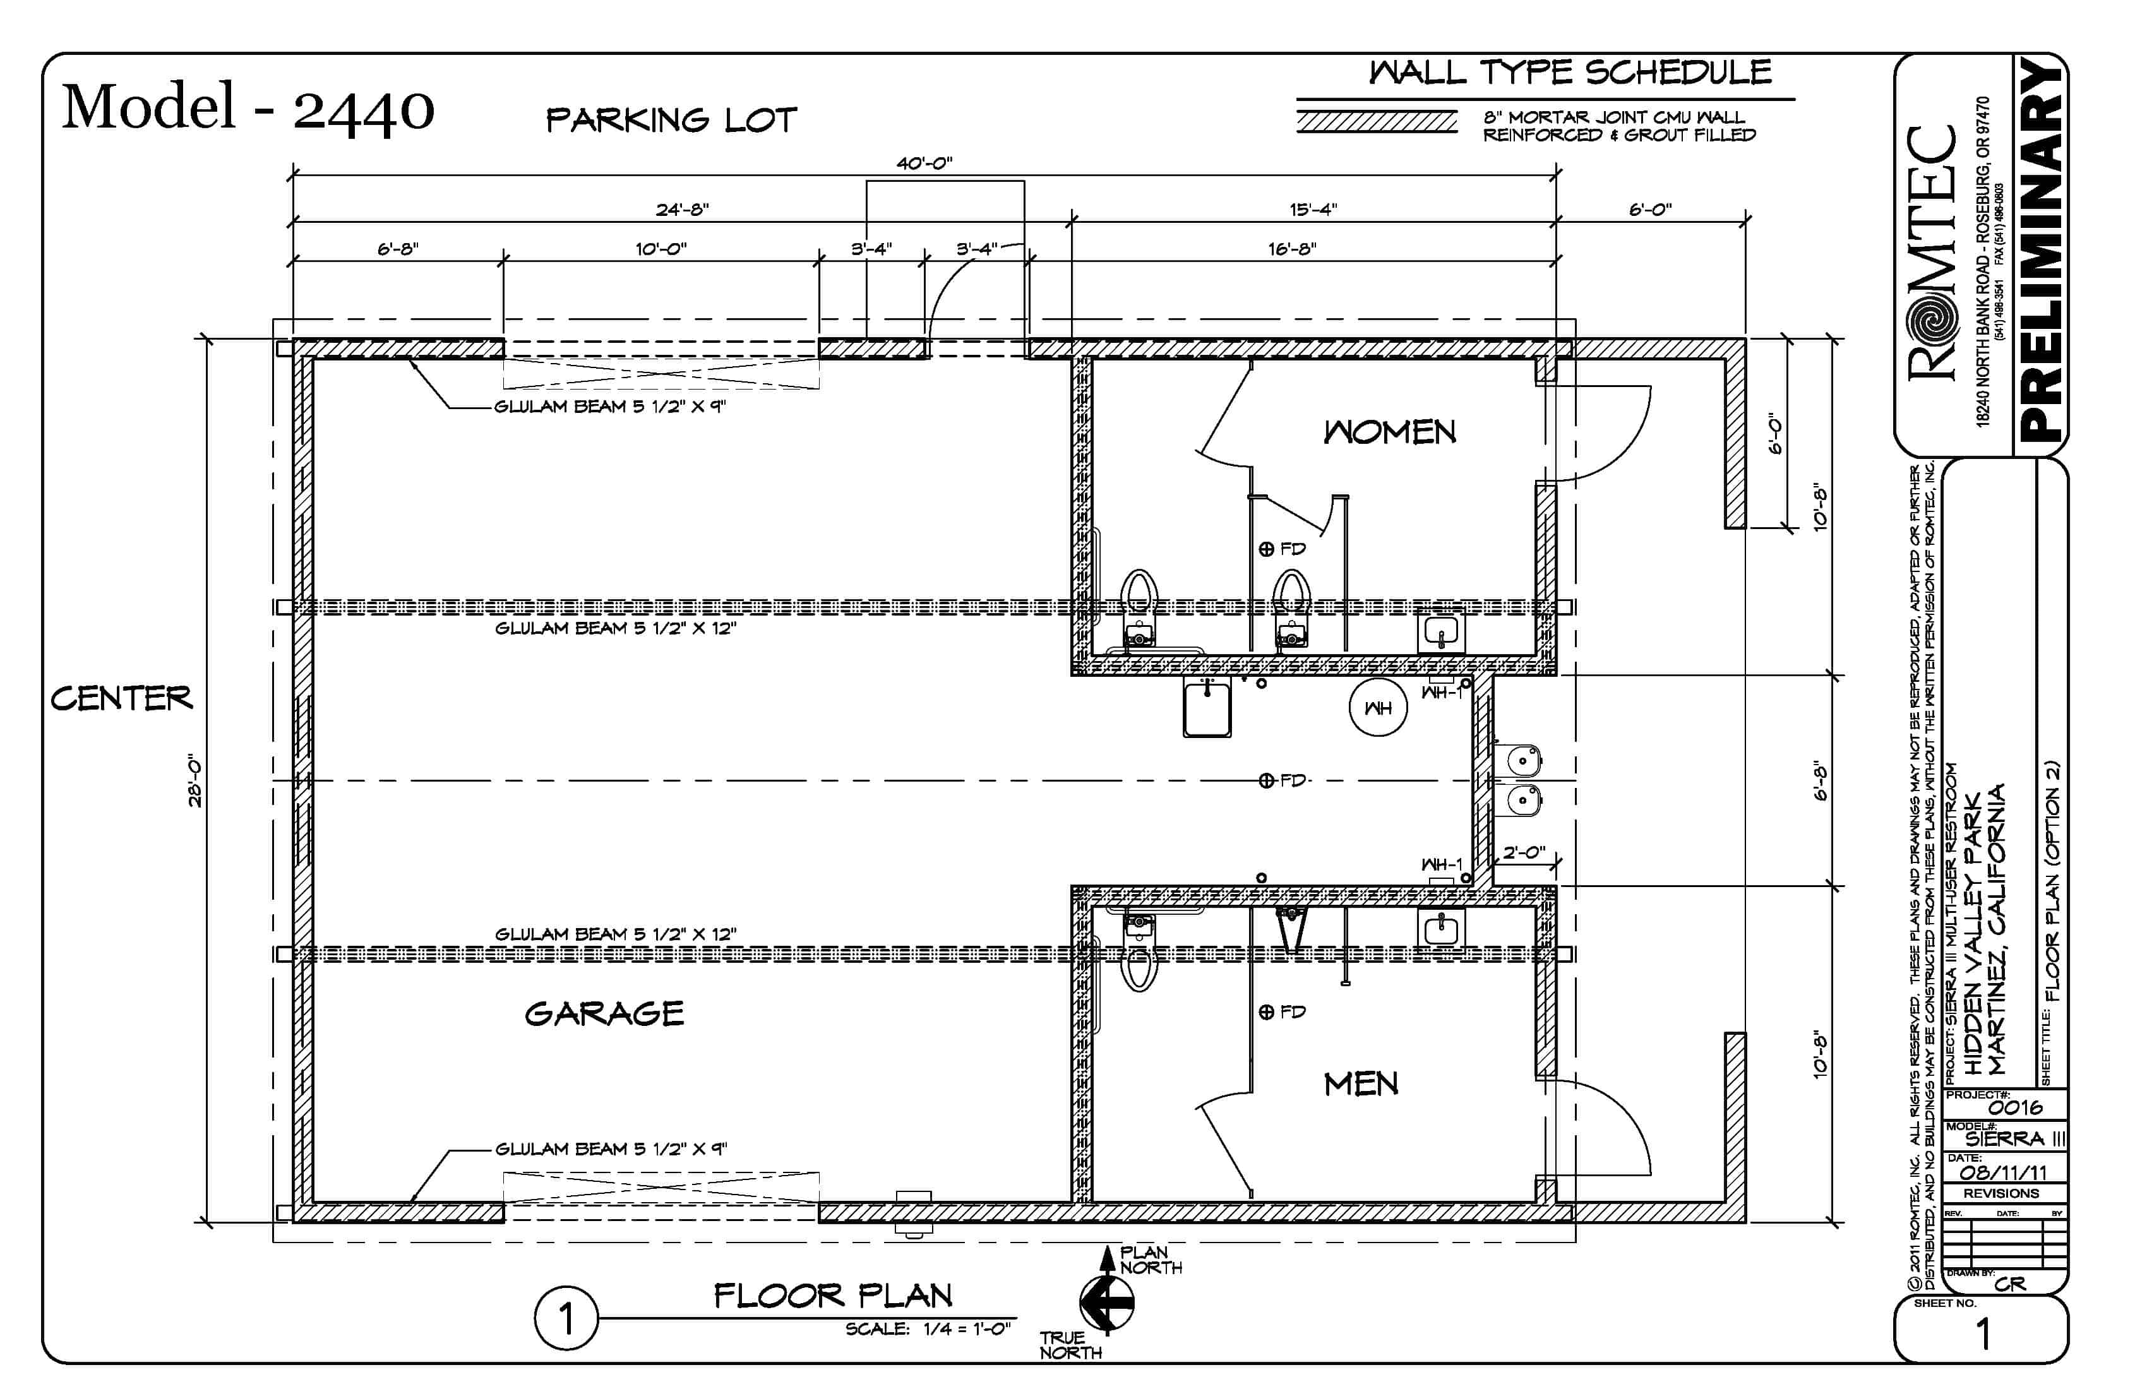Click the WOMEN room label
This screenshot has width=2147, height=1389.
pyautogui.click(x=1389, y=433)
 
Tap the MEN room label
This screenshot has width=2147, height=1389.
pyautogui.click(x=1360, y=1084)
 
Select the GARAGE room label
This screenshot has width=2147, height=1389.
pyautogui.click(x=604, y=1014)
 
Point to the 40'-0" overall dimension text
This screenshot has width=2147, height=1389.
pyautogui.click(x=924, y=164)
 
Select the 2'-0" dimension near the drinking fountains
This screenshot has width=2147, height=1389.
pyautogui.click(x=1524, y=852)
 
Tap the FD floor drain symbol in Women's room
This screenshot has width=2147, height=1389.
pyautogui.click(x=1267, y=549)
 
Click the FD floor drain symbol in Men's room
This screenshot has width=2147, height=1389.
pyautogui.click(x=1267, y=1012)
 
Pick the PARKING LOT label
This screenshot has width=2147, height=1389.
pyautogui.click(x=671, y=120)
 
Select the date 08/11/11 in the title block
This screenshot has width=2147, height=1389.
pyautogui.click(x=2002, y=1172)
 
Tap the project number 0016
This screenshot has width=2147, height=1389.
pyautogui.click(x=2015, y=1107)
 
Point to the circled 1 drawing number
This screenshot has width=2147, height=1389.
pyautogui.click(x=566, y=1319)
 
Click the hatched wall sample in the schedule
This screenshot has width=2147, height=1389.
pyautogui.click(x=1377, y=122)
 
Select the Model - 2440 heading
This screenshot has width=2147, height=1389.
pyautogui.click(x=248, y=108)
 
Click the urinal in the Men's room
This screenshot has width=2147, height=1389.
pyautogui.click(x=1292, y=929)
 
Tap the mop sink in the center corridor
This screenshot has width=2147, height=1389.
pyautogui.click(x=1207, y=708)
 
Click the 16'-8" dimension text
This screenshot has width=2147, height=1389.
pyautogui.click(x=1292, y=249)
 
